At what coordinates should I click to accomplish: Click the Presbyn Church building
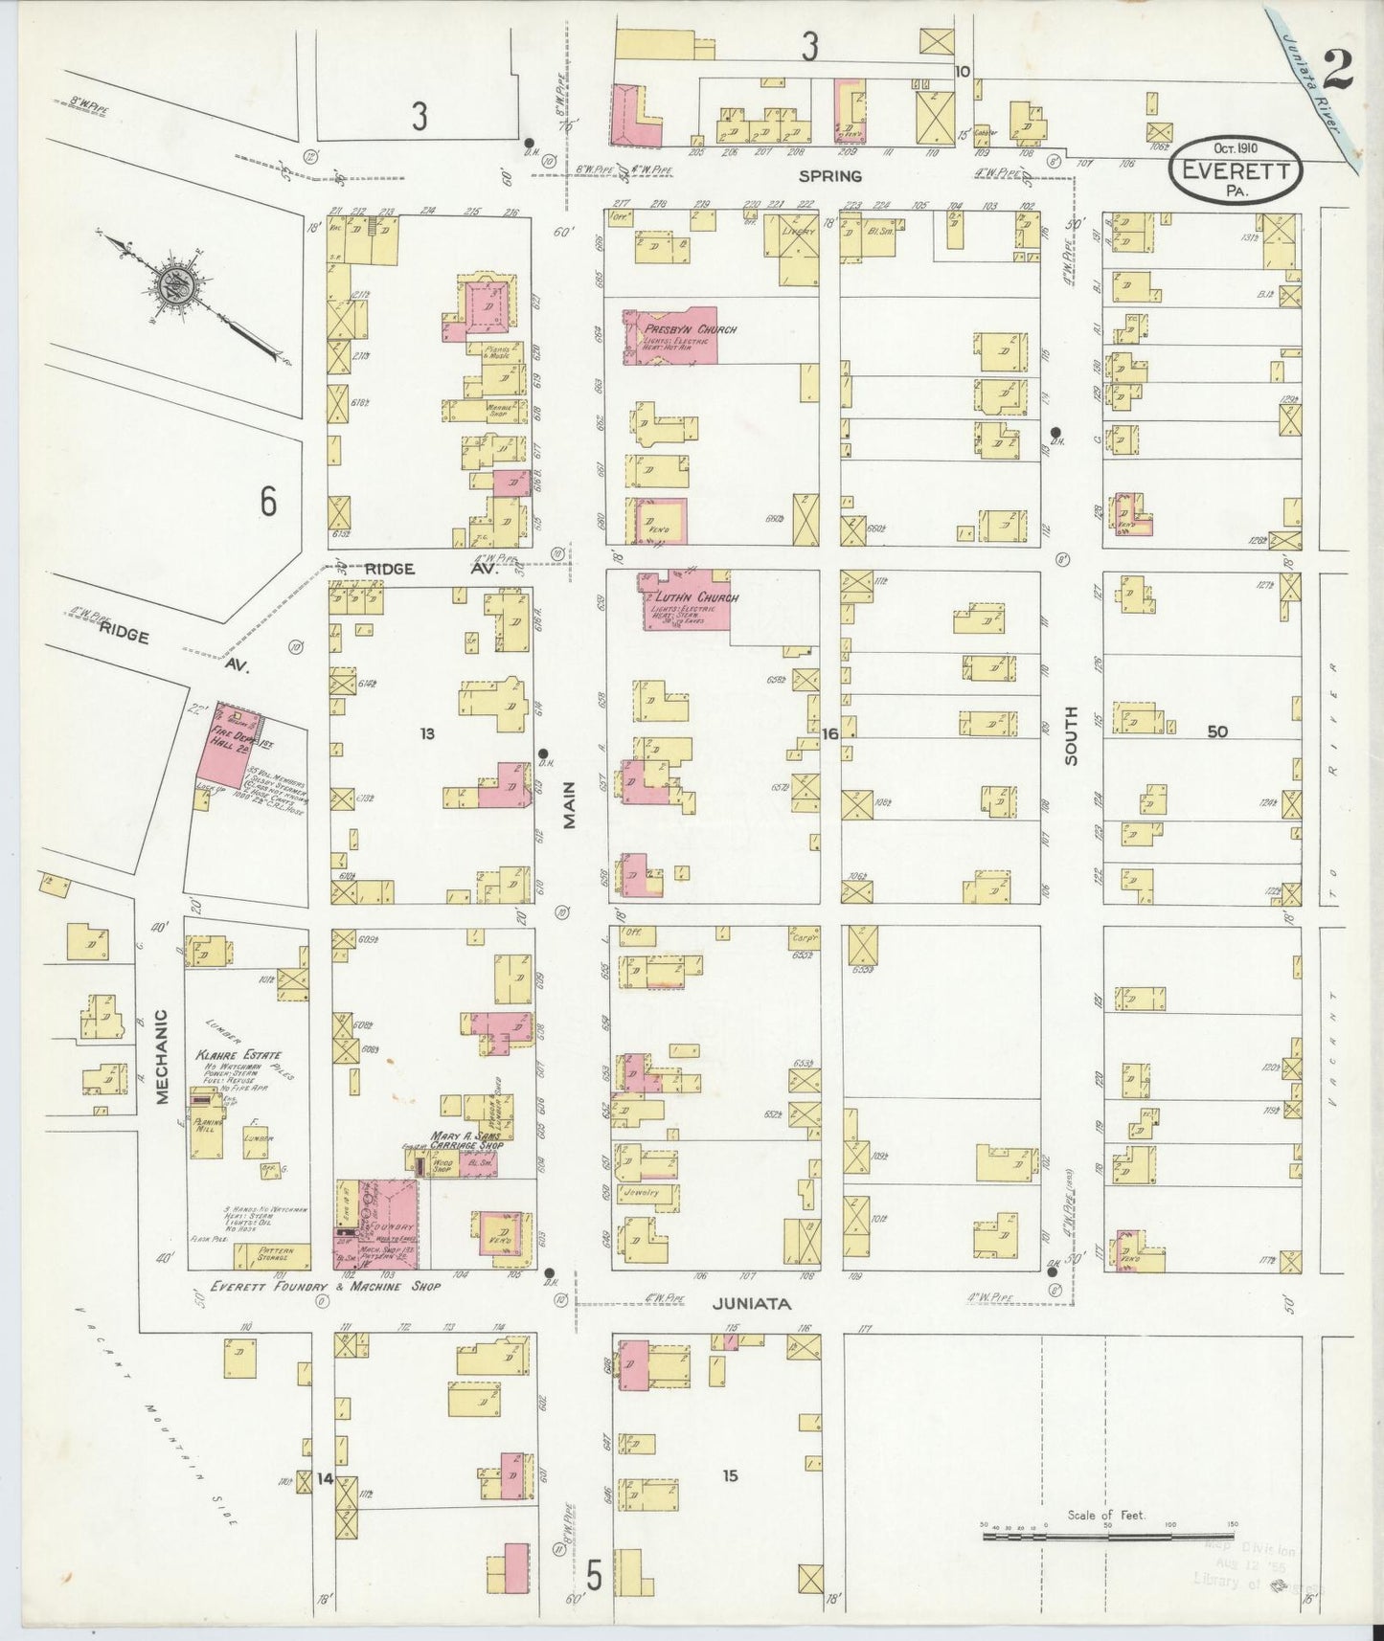coord(669,335)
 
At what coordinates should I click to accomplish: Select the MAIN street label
coord(569,804)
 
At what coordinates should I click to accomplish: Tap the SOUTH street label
coord(1070,735)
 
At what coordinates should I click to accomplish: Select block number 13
coord(427,733)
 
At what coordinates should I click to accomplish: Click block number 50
coord(1216,732)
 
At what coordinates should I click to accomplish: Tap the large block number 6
coord(269,502)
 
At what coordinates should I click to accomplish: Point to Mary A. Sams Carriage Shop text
coord(465,1139)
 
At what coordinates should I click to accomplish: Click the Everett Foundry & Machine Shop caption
coord(326,1286)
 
